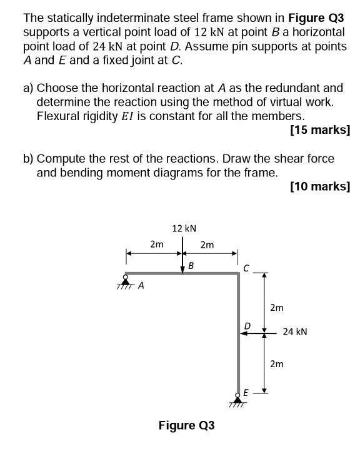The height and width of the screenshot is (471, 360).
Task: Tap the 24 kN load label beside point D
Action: coord(295,332)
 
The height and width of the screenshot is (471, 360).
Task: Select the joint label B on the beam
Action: coord(191,266)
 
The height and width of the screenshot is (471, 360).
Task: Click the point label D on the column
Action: coord(247,326)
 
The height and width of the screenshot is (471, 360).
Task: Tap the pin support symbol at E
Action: coord(237,400)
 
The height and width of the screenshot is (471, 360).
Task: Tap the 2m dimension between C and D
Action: coord(276,307)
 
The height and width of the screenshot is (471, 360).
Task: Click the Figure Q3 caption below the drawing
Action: coord(186,425)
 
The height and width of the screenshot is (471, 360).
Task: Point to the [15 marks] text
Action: coord(320,131)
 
